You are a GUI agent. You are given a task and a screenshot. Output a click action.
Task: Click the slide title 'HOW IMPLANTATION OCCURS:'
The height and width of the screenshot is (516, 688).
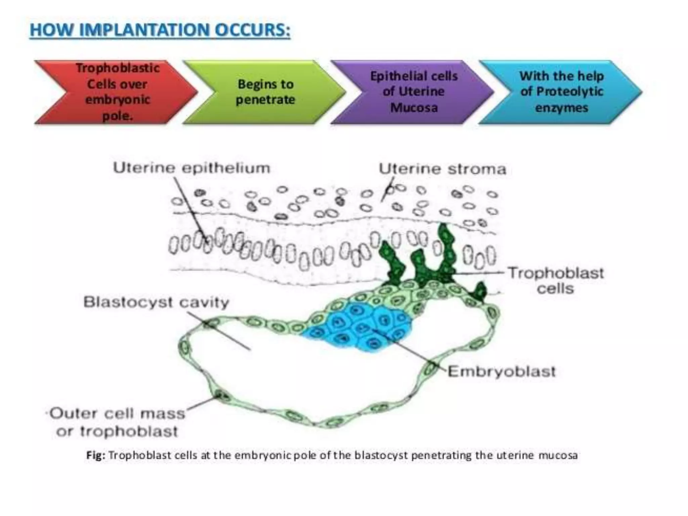tap(160, 30)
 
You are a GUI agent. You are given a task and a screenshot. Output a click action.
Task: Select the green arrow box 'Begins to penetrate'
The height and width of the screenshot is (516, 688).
tap(265, 92)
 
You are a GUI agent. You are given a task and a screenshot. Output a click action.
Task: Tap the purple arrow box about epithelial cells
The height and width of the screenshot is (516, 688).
tap(414, 92)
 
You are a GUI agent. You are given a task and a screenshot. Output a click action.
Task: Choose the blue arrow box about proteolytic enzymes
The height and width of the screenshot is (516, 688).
tap(561, 92)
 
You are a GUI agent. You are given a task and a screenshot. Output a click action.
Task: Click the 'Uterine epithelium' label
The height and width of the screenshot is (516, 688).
tap(191, 168)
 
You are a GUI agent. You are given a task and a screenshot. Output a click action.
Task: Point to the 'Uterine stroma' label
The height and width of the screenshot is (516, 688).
tap(442, 169)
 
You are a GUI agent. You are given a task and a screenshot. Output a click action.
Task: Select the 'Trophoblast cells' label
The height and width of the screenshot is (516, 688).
tap(556, 281)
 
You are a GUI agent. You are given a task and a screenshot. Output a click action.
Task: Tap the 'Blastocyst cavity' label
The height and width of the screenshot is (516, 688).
tap(156, 302)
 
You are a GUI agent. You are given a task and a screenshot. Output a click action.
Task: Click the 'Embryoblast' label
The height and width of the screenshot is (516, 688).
tap(502, 372)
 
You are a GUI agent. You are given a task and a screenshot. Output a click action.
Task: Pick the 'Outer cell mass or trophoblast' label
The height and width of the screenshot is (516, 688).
tap(117, 422)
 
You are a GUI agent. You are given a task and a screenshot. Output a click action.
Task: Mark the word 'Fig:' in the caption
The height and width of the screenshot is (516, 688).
tap(96, 456)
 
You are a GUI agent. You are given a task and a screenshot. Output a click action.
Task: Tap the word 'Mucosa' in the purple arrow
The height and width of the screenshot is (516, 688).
tap(414, 108)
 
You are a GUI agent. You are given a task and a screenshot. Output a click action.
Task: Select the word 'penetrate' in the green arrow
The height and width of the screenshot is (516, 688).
tap(265, 100)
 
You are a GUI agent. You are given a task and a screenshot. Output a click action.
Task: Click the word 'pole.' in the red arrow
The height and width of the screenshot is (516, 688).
tap(117, 116)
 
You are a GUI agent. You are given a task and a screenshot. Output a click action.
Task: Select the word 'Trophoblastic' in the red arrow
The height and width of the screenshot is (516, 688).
tap(118, 68)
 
